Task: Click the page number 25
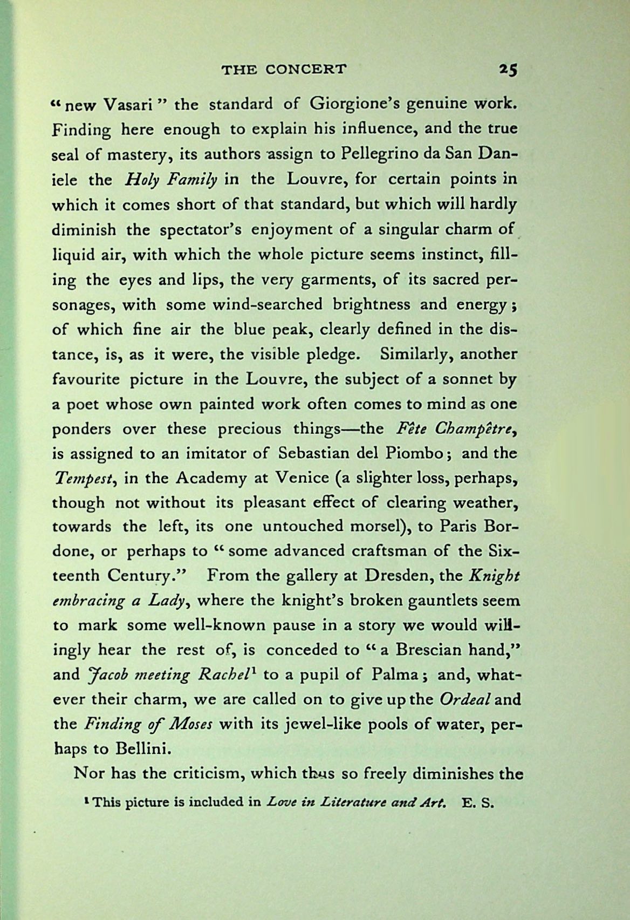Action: click(508, 70)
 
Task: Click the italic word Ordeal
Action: click(464, 699)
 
